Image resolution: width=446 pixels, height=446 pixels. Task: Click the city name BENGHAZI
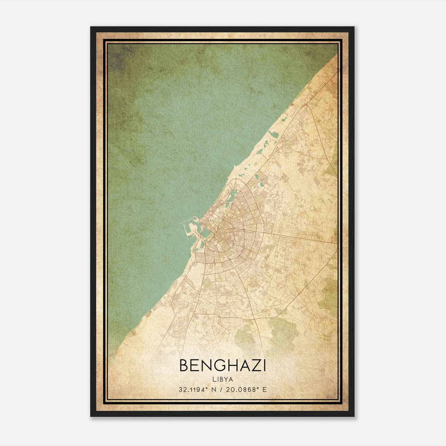click(x=222, y=365)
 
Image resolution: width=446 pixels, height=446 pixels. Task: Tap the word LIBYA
click(x=222, y=379)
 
